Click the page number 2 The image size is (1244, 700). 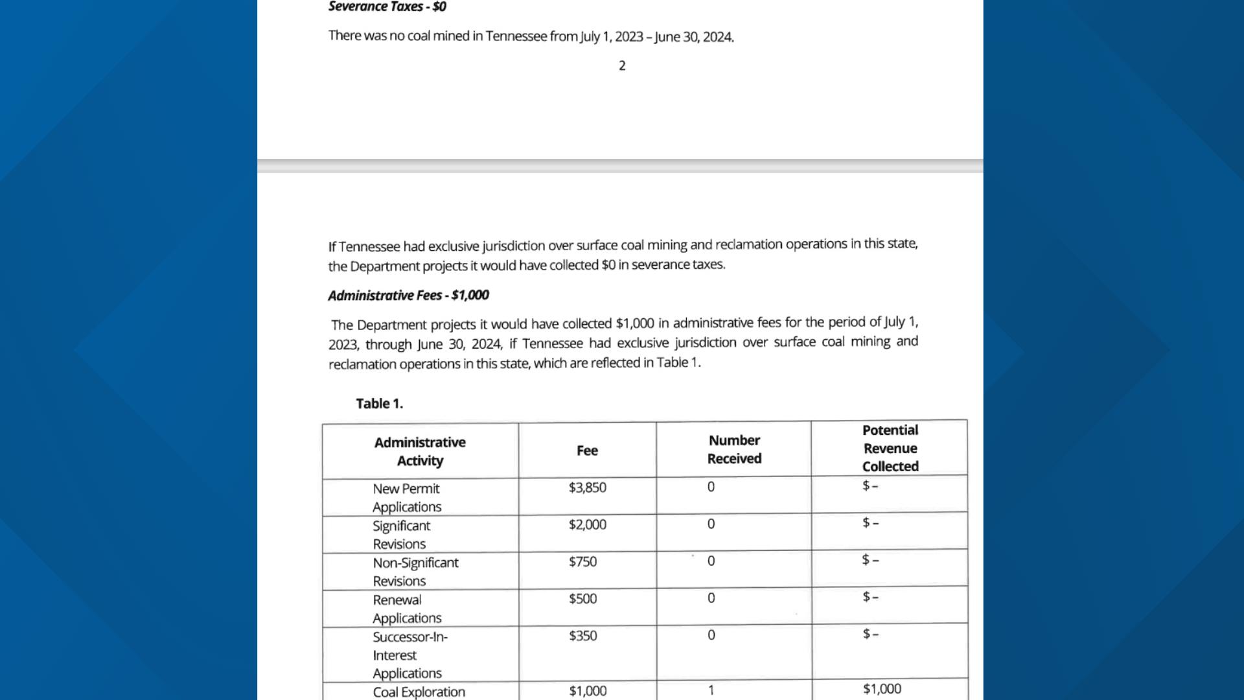622,66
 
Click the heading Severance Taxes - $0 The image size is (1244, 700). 387,7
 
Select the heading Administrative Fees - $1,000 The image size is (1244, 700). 408,296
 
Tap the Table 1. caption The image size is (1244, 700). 379,404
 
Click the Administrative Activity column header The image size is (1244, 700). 420,452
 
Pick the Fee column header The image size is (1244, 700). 587,450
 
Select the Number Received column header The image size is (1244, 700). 734,449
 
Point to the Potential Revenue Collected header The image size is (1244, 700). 890,448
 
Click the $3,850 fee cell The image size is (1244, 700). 587,487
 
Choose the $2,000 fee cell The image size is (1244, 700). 587,524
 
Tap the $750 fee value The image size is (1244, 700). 582,562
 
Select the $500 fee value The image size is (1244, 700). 582,599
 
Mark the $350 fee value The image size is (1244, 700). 582,636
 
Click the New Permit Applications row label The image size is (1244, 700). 406,498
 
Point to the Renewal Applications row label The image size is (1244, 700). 406,609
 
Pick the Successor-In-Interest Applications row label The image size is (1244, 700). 409,655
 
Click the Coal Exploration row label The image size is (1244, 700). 419,692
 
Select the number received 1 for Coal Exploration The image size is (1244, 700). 711,690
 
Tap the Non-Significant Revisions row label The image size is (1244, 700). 415,572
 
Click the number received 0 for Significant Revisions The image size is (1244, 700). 711,524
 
